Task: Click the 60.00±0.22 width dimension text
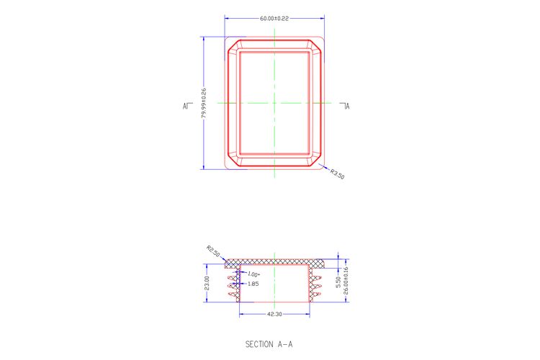[x=274, y=19]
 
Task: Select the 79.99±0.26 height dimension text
[x=204, y=104]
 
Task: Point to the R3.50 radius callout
[x=337, y=174]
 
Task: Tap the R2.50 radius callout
[x=213, y=251]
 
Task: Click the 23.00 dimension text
[x=207, y=283]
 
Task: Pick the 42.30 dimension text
[x=274, y=314]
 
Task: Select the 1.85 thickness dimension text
[x=253, y=284]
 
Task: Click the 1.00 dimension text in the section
[x=253, y=274]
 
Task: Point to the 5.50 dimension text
[x=338, y=282]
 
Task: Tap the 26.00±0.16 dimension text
[x=346, y=280]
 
